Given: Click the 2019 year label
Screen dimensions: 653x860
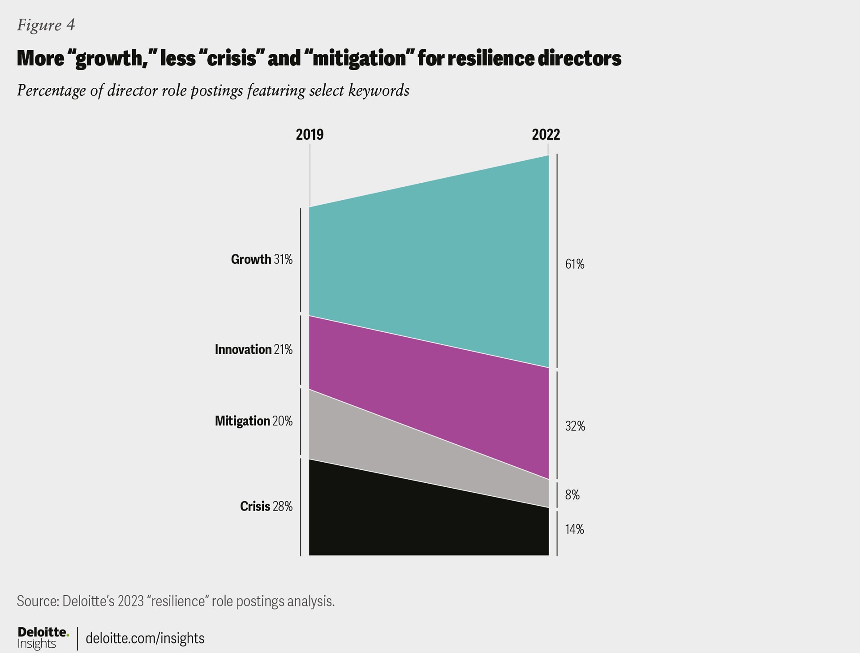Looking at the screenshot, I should (310, 135).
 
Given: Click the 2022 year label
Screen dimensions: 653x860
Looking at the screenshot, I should (546, 135).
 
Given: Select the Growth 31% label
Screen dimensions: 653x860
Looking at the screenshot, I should (262, 259).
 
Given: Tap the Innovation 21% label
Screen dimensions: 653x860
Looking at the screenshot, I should (254, 349).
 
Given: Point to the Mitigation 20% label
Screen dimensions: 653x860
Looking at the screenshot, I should (254, 421).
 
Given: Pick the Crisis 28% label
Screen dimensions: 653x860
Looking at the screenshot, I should (266, 506).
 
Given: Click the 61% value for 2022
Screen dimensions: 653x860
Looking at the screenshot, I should (575, 264).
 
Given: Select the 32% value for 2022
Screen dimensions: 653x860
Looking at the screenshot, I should (575, 426).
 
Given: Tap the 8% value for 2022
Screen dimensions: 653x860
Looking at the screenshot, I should (572, 495).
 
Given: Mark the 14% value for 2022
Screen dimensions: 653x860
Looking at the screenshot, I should (575, 529).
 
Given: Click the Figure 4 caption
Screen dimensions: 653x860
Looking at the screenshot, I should (46, 25).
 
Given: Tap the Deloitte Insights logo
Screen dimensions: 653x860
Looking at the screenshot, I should (43, 638).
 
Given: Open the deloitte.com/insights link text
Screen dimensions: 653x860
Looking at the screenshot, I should (145, 638).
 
